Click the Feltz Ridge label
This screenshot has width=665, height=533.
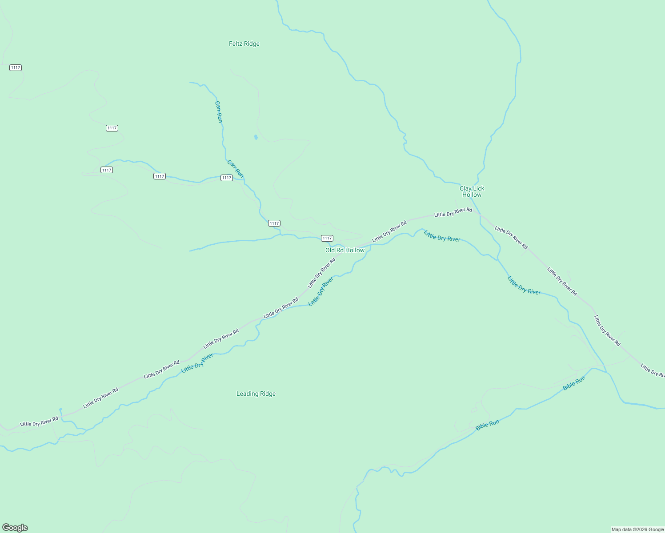coord(244,44)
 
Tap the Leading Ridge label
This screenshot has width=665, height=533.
coord(256,394)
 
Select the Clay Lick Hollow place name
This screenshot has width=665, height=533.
coord(472,191)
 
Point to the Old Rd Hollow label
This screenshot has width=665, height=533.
coord(345,250)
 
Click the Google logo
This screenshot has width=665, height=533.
coord(15,527)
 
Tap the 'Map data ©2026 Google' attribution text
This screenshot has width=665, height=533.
coord(637,529)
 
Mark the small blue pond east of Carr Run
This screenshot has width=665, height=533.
coord(256,137)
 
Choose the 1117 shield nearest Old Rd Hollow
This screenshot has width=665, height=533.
coord(327,238)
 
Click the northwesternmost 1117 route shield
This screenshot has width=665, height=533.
coord(16,68)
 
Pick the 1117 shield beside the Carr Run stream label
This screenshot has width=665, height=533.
coord(227,178)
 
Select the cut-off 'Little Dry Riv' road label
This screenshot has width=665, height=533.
coord(653,370)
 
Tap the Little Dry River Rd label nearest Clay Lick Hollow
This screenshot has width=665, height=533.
coord(453,212)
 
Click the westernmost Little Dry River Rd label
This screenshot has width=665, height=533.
coord(39,422)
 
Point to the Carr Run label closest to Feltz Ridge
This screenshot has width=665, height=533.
coord(218,111)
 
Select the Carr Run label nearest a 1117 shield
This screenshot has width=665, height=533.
coord(235,168)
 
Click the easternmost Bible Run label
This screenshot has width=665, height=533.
coord(574,383)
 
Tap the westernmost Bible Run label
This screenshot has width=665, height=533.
coord(487,425)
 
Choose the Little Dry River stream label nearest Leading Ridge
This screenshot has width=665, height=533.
coord(197,363)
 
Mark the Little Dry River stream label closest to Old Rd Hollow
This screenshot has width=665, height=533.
coord(321,291)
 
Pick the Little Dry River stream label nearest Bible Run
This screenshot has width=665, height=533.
coord(524,285)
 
